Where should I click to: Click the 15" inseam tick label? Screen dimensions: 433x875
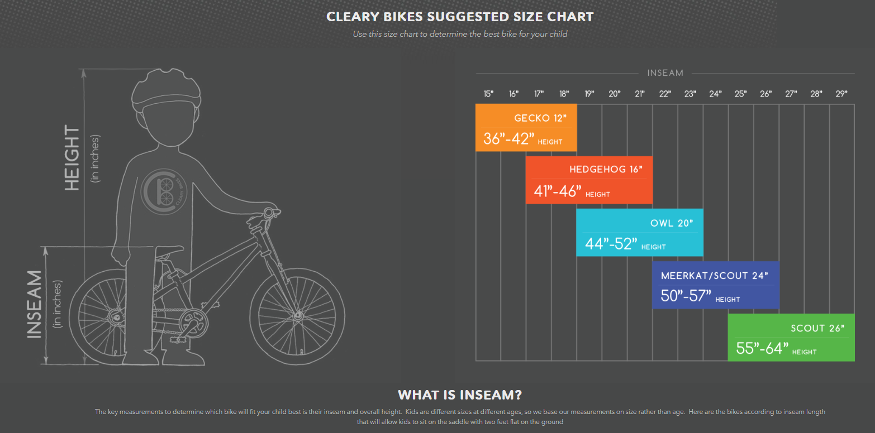(488, 94)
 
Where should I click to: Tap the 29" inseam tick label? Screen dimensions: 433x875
(841, 94)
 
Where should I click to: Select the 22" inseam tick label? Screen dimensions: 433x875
(665, 94)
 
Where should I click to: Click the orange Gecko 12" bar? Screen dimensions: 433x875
(526, 127)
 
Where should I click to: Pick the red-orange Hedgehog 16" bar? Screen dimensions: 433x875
(589, 180)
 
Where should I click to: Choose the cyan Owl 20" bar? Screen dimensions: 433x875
(639, 233)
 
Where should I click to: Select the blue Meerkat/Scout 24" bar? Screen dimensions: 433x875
(715, 285)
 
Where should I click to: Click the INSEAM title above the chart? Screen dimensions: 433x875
(665, 73)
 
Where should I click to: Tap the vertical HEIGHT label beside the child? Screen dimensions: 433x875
(73, 158)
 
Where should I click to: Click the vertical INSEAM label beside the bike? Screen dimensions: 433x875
(35, 304)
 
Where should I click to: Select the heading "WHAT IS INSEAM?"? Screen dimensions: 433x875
(459, 395)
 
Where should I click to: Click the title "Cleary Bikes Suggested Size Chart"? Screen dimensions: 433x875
(459, 17)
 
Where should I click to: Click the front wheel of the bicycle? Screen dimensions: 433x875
(296, 316)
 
